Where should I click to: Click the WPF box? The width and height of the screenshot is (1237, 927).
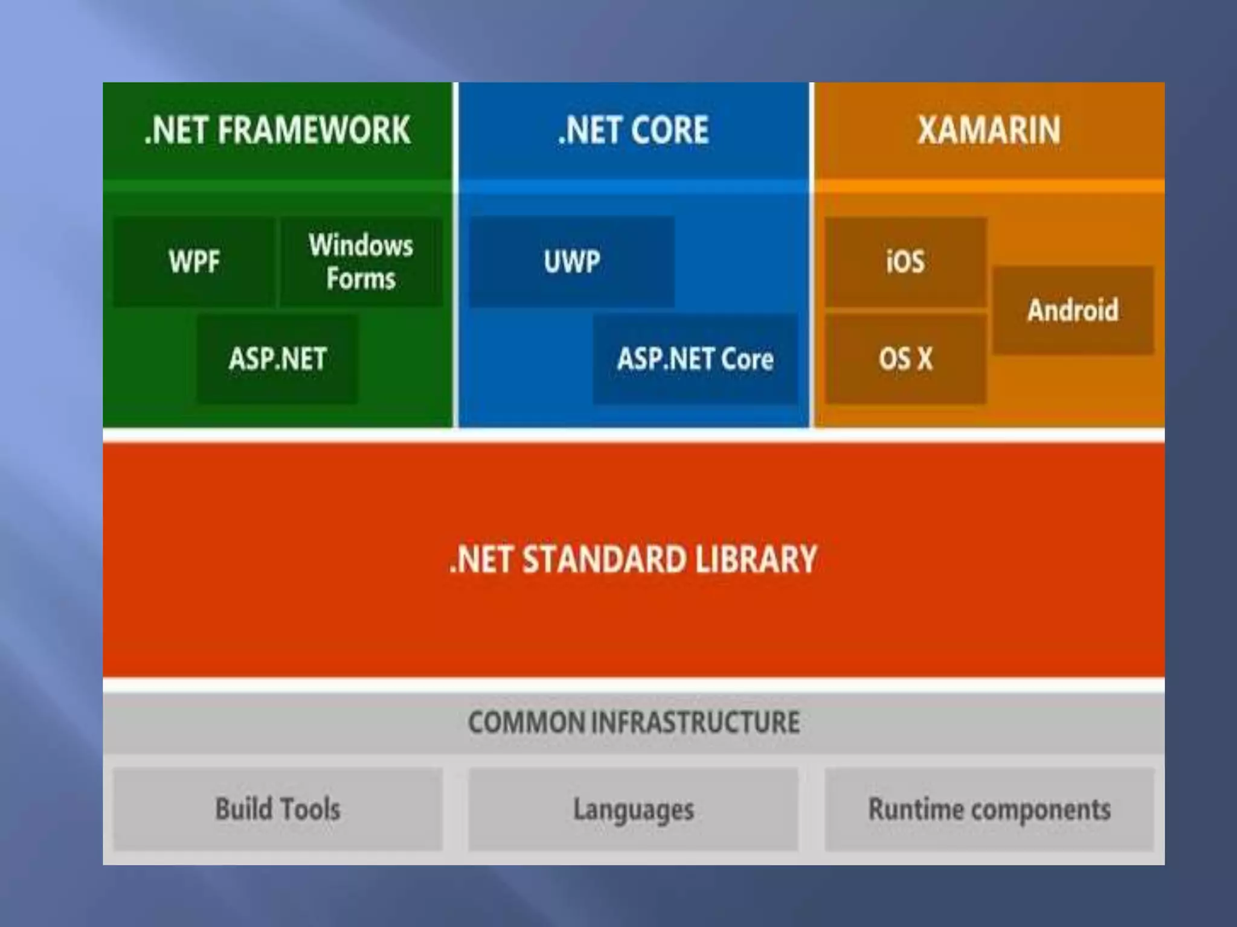pyautogui.click(x=194, y=262)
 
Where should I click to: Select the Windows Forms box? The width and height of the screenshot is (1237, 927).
pyautogui.click(x=361, y=262)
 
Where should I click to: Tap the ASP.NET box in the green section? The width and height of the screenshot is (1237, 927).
pyautogui.click(x=277, y=359)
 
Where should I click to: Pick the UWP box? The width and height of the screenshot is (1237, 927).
pyautogui.click(x=571, y=262)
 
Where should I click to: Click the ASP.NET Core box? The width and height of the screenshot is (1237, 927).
pyautogui.click(x=695, y=359)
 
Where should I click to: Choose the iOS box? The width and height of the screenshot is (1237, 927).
pyautogui.click(x=905, y=262)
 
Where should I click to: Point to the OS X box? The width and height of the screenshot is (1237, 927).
pyautogui.click(x=905, y=359)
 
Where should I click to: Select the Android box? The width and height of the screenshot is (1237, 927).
pyautogui.click(x=1073, y=310)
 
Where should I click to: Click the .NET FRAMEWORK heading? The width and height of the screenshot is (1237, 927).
pyautogui.click(x=277, y=130)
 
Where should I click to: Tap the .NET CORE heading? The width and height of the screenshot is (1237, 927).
pyautogui.click(x=633, y=130)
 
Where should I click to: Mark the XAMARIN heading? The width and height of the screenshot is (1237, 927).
pyautogui.click(x=989, y=130)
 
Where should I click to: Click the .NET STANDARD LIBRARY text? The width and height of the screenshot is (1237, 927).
pyautogui.click(x=633, y=559)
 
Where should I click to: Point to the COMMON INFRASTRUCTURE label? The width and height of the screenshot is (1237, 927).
pyautogui.click(x=633, y=722)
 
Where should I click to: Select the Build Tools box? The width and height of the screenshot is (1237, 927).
pyautogui.click(x=277, y=809)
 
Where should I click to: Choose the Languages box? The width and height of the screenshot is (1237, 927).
pyautogui.click(x=633, y=809)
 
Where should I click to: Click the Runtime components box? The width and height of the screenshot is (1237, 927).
pyautogui.click(x=989, y=809)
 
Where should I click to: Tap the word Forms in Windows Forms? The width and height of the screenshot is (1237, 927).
pyautogui.click(x=361, y=279)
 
